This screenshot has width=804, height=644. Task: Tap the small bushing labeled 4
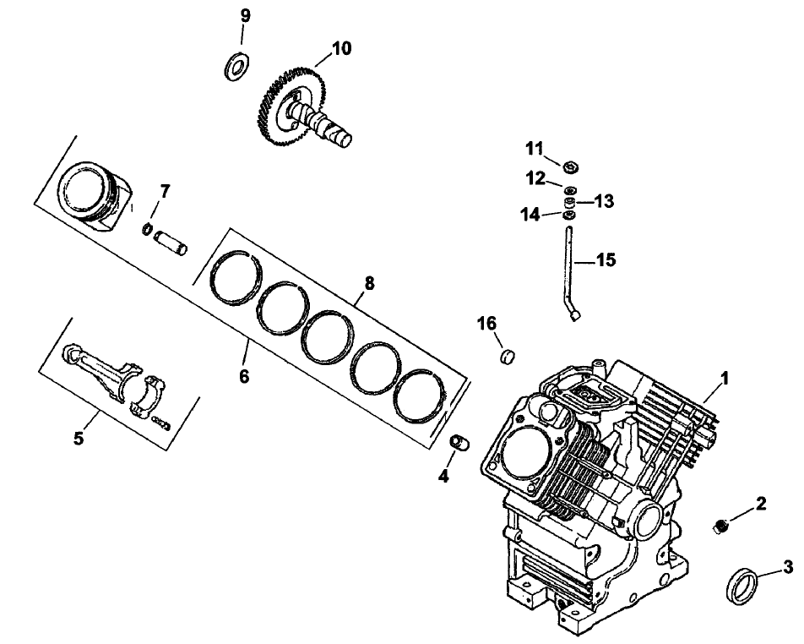[461, 443]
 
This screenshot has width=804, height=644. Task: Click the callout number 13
[604, 201]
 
